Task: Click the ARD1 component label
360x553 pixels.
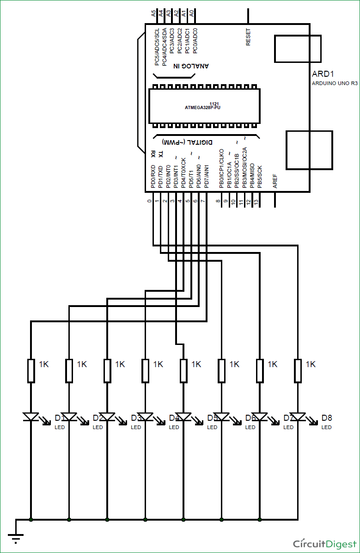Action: pos(323,74)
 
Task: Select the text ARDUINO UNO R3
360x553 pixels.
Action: pos(335,83)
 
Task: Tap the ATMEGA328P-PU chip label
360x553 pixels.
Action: pos(203,107)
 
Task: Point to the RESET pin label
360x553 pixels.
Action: pos(249,37)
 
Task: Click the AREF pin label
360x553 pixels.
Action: pos(275,181)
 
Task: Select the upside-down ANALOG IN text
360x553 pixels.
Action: pos(191,66)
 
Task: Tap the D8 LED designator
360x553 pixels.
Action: pos(327,418)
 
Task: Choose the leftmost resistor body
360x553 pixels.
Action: pos(31,370)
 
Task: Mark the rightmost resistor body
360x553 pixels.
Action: pos(298,370)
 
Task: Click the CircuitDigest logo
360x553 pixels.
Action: pos(325,543)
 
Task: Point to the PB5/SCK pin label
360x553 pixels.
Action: pos(259,176)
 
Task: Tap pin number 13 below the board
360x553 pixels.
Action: pos(256,202)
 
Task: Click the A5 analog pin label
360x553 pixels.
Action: pos(154,14)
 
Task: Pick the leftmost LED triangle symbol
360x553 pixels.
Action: pos(31,417)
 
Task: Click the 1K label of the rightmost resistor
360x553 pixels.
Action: pos(311,364)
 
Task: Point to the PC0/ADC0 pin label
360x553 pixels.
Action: pos(195,40)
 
